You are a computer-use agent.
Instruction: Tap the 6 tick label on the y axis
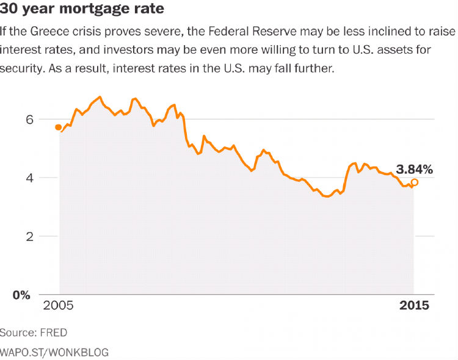(28, 120)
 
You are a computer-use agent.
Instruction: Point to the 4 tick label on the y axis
(28, 178)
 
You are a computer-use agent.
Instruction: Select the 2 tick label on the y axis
(28, 236)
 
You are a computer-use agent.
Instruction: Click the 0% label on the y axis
(23, 295)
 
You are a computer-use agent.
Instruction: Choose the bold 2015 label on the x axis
(415, 305)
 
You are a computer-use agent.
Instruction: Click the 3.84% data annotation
(414, 170)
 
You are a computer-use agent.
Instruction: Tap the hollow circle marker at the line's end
(415, 182)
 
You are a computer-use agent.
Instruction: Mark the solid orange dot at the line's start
(58, 127)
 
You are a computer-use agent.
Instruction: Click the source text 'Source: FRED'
(34, 333)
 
